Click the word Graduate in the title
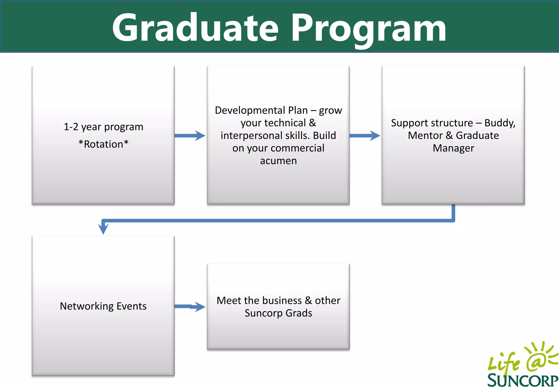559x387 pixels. [x=195, y=27]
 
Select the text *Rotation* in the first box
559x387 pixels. [x=103, y=144]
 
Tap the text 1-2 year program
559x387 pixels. [x=103, y=127]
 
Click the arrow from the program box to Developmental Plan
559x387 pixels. [x=190, y=136]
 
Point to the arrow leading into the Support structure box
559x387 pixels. [x=365, y=136]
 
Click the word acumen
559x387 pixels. [x=278, y=161]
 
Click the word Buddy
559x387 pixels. [x=499, y=123]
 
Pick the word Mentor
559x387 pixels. [x=425, y=136]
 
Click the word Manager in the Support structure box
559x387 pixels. [x=453, y=148]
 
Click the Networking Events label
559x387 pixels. [x=103, y=306]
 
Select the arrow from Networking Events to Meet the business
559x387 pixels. [x=190, y=306]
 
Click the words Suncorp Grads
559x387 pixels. [x=278, y=313]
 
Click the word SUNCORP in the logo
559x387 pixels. [x=523, y=380]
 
